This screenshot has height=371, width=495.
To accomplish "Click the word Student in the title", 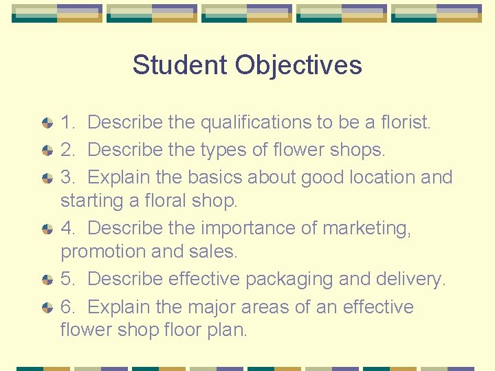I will [180, 65].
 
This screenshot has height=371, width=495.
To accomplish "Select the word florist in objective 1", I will [406, 123].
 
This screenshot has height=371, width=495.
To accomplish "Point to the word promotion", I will [103, 251].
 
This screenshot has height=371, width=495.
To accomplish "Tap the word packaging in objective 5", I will [292, 279].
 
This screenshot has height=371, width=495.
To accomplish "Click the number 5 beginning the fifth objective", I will [67, 279].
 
